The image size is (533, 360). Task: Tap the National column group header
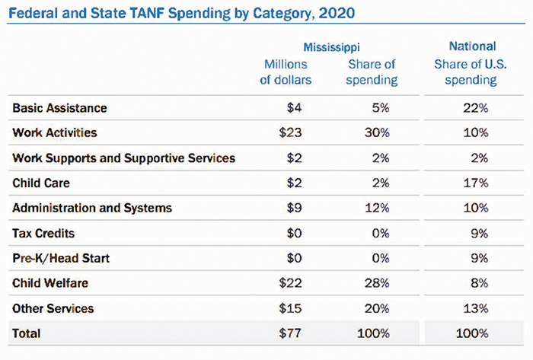[473, 47]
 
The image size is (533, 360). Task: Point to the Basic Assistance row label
[59, 109]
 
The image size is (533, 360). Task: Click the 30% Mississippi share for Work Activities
[378, 133]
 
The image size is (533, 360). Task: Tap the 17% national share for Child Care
[477, 183]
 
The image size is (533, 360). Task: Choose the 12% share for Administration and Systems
[378, 209]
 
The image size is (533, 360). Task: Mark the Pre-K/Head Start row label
[61, 259]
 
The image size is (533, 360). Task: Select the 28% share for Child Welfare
[378, 284]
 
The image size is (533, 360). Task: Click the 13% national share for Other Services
[477, 309]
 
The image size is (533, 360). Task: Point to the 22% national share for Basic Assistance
[477, 109]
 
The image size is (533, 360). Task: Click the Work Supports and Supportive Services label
[124, 158]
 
